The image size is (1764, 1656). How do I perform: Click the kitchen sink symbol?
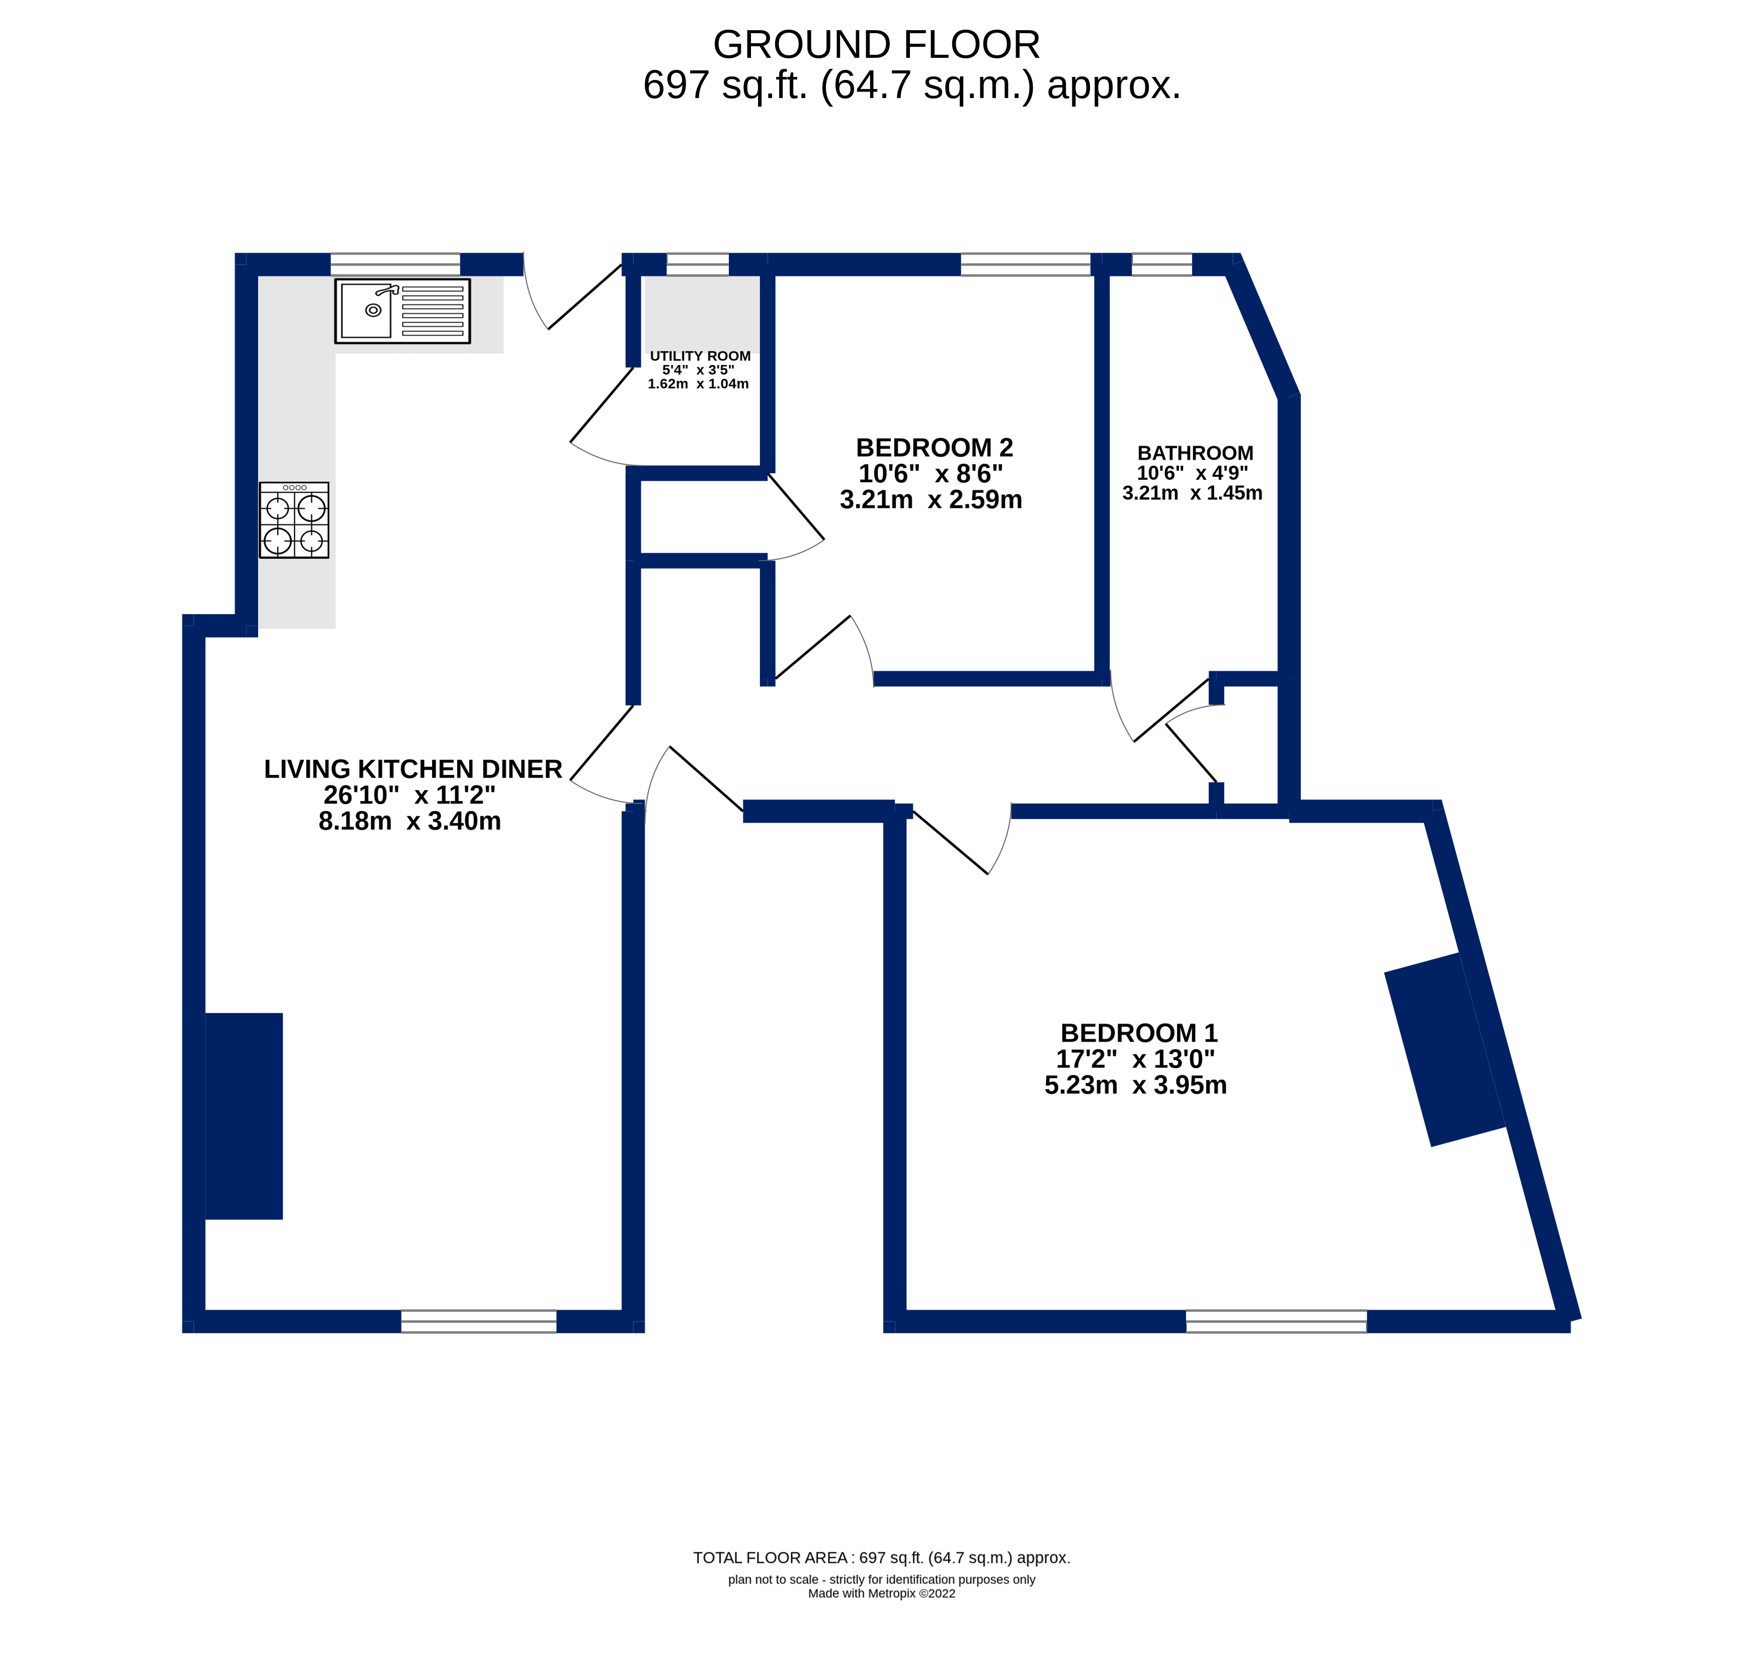tap(402, 311)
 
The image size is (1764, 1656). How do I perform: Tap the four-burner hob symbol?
tap(294, 520)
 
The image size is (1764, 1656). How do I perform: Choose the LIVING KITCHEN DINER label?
tap(412, 769)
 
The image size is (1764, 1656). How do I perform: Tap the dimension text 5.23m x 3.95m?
tap(1135, 1085)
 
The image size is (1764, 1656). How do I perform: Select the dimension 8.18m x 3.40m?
tap(409, 821)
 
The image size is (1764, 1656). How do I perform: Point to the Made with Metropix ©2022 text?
tap(881, 1593)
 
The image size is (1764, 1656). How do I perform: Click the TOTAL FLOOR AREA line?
tap(881, 1557)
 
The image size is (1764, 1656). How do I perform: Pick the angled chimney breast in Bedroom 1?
tap(1445, 1050)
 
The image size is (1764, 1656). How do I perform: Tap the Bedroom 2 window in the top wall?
tap(1025, 265)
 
